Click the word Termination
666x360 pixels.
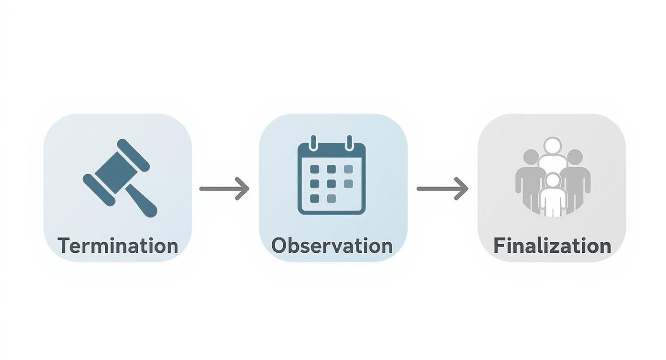point(118,246)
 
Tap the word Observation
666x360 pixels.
point(332,246)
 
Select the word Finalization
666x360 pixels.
point(552,246)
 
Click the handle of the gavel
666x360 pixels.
point(142,202)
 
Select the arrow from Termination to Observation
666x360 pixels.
point(224,189)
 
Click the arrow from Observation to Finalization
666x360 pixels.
point(442,189)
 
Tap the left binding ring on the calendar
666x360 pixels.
point(314,142)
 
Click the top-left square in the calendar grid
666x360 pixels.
point(314,169)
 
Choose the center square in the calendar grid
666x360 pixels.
point(331,184)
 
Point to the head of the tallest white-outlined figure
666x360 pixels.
point(553,146)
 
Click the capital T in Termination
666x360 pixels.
point(64,246)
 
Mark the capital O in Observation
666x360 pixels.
point(279,246)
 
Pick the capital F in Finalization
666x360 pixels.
point(499,246)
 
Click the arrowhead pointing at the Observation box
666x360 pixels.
point(243,189)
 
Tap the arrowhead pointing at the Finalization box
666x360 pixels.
point(461,189)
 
